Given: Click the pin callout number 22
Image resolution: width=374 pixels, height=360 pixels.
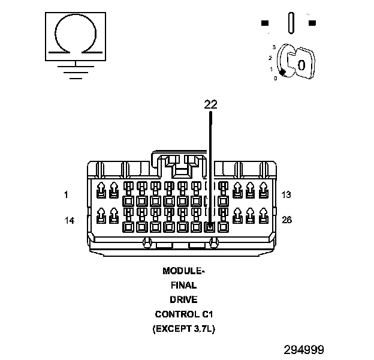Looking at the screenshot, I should [210, 104].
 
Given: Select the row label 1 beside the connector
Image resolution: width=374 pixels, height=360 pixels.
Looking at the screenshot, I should [66, 194].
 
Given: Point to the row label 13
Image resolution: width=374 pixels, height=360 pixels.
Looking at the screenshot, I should [286, 194].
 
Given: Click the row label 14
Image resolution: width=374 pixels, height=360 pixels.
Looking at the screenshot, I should [70, 220].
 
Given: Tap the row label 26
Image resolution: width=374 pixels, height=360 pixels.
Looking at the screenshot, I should [286, 220].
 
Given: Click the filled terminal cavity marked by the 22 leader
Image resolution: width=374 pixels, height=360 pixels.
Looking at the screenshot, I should [210, 227].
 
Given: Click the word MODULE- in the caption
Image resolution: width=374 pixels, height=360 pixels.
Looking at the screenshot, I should [183, 271].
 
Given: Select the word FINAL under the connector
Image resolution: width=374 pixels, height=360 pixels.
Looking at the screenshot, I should [183, 285].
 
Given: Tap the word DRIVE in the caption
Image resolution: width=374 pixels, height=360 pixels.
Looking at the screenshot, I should [183, 299].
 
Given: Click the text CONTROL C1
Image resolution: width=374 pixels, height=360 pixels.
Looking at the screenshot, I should [183, 314].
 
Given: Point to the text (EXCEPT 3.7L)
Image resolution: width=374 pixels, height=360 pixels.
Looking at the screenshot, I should [183, 329].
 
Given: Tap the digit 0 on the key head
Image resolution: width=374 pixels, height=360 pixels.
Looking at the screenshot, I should [301, 64].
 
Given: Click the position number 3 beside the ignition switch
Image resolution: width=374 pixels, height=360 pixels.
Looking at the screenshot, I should [273, 46].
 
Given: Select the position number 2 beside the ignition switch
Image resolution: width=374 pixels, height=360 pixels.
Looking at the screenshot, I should [270, 58].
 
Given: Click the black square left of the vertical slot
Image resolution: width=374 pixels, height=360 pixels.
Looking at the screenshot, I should [265, 23].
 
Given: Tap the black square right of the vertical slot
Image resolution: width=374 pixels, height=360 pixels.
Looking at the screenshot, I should [312, 23].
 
